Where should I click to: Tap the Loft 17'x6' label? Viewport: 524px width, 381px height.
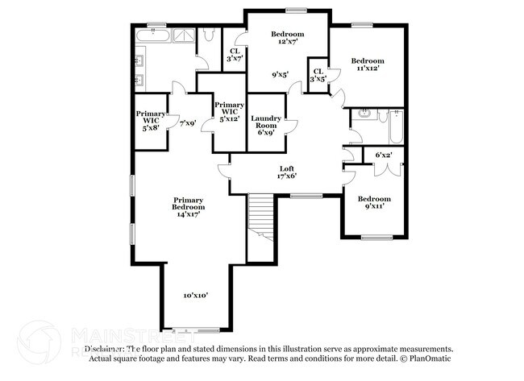coord(287,172)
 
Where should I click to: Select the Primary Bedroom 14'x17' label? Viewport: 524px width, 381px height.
coord(187,206)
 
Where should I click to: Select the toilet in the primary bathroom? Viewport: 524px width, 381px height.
coord(208,34)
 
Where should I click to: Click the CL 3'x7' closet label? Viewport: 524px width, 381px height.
coord(235,54)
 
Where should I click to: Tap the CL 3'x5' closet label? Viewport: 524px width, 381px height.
coord(318,75)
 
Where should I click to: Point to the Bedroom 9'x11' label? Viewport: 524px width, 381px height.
coord(374,202)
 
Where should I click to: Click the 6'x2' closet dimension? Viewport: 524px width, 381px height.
coord(383,154)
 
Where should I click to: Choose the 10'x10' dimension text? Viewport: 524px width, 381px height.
coord(195,296)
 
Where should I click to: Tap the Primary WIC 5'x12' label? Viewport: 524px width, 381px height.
coord(229,112)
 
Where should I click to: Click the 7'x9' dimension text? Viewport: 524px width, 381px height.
coord(187,123)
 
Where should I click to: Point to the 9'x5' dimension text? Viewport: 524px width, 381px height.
coord(281,75)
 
